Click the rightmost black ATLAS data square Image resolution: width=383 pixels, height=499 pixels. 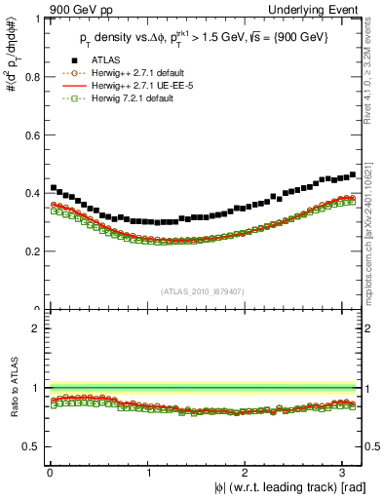click(352, 174)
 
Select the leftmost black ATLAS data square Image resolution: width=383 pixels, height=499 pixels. click(54, 187)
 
